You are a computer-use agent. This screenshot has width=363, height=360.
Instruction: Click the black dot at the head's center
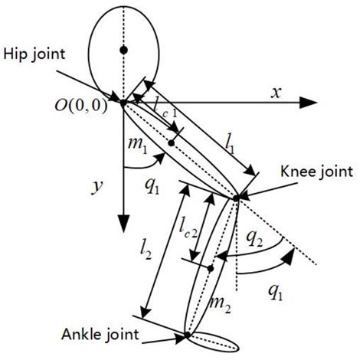[x=123, y=51]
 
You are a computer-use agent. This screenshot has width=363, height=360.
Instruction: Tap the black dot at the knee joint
[x=235, y=198]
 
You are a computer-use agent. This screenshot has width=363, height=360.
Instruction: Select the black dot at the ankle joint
[x=188, y=335]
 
